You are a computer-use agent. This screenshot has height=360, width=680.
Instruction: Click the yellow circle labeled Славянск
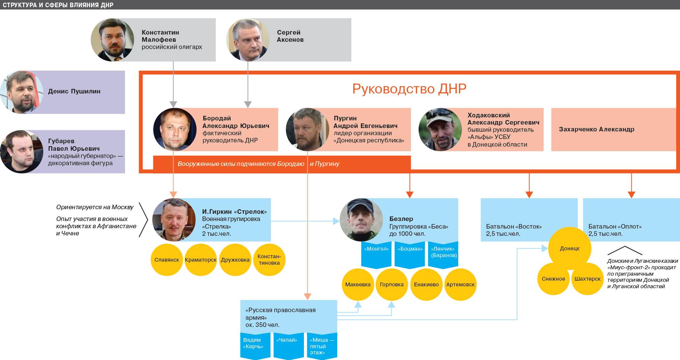[x=167, y=260]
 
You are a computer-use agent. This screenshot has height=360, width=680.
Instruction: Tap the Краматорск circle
[x=201, y=260]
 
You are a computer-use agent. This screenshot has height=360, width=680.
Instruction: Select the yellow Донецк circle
[x=569, y=248]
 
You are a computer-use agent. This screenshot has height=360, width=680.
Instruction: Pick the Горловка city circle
[x=392, y=284]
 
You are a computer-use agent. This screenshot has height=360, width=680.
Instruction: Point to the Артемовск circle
[x=460, y=284]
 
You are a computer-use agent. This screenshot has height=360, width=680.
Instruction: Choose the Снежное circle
[x=553, y=279]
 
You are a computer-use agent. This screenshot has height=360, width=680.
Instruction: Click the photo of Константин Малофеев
[x=112, y=39]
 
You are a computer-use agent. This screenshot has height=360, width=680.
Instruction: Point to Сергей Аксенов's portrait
[x=248, y=39]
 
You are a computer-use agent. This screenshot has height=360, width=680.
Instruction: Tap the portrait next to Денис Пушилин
[x=21, y=92]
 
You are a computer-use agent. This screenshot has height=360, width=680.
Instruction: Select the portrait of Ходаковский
[x=440, y=129]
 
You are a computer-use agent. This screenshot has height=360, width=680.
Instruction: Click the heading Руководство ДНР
[x=409, y=88]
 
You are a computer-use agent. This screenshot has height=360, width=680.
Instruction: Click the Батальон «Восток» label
[x=514, y=227]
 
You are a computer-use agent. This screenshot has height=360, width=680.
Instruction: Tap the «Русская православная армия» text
[x=280, y=313]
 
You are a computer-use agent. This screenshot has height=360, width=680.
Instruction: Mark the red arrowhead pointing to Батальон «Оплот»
[x=631, y=194]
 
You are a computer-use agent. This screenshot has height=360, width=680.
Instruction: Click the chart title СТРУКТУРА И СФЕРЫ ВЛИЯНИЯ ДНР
[x=57, y=5]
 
